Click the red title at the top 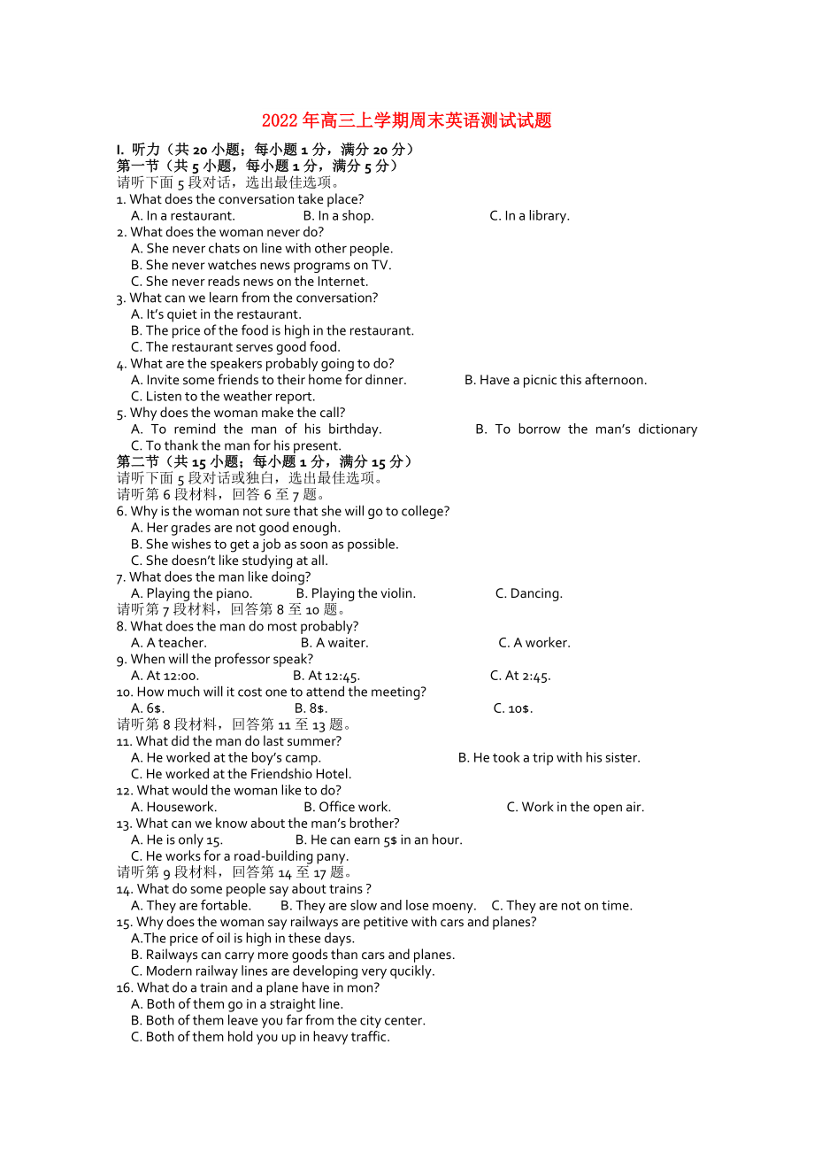point(406,121)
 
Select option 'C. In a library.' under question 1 point(529,216)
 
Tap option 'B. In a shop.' point(338,216)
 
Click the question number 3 point(120,298)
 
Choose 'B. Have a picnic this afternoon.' point(556,381)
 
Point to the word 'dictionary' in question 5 point(667,429)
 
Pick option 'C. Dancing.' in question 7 point(528,594)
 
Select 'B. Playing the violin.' point(356,594)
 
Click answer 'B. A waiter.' point(334,643)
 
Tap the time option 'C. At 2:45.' point(520,677)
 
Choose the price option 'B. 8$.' point(311,709)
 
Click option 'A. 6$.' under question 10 point(148,709)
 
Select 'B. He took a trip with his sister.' point(549,758)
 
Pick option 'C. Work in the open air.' point(575,808)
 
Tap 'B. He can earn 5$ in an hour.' point(379,840)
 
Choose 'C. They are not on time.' point(562,906)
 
